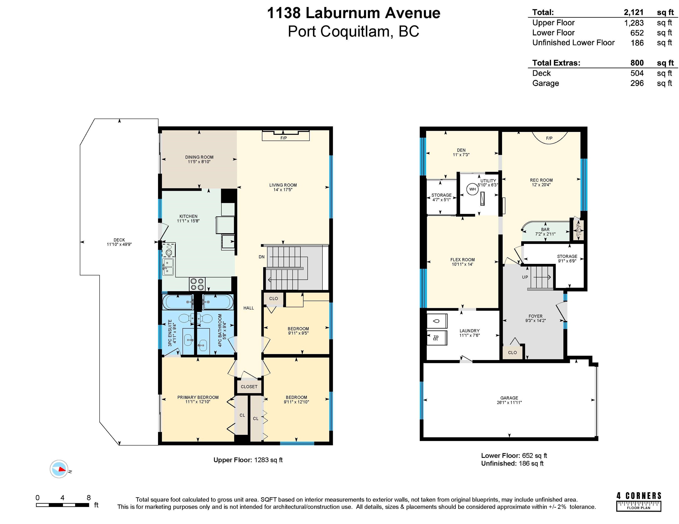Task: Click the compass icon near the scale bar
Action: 59,469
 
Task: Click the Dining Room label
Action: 199,157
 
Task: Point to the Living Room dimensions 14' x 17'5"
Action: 283,190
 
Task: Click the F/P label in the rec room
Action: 549,138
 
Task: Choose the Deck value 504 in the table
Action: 637,73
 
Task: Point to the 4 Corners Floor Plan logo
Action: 639,502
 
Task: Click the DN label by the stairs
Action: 261,257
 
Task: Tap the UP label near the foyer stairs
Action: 525,277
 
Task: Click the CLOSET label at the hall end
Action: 249,386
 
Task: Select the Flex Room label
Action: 463,259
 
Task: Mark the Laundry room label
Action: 469,331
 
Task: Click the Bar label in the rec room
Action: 545,229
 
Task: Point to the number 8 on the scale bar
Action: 89,497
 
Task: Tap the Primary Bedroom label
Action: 198,397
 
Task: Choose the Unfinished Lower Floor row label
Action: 574,43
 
